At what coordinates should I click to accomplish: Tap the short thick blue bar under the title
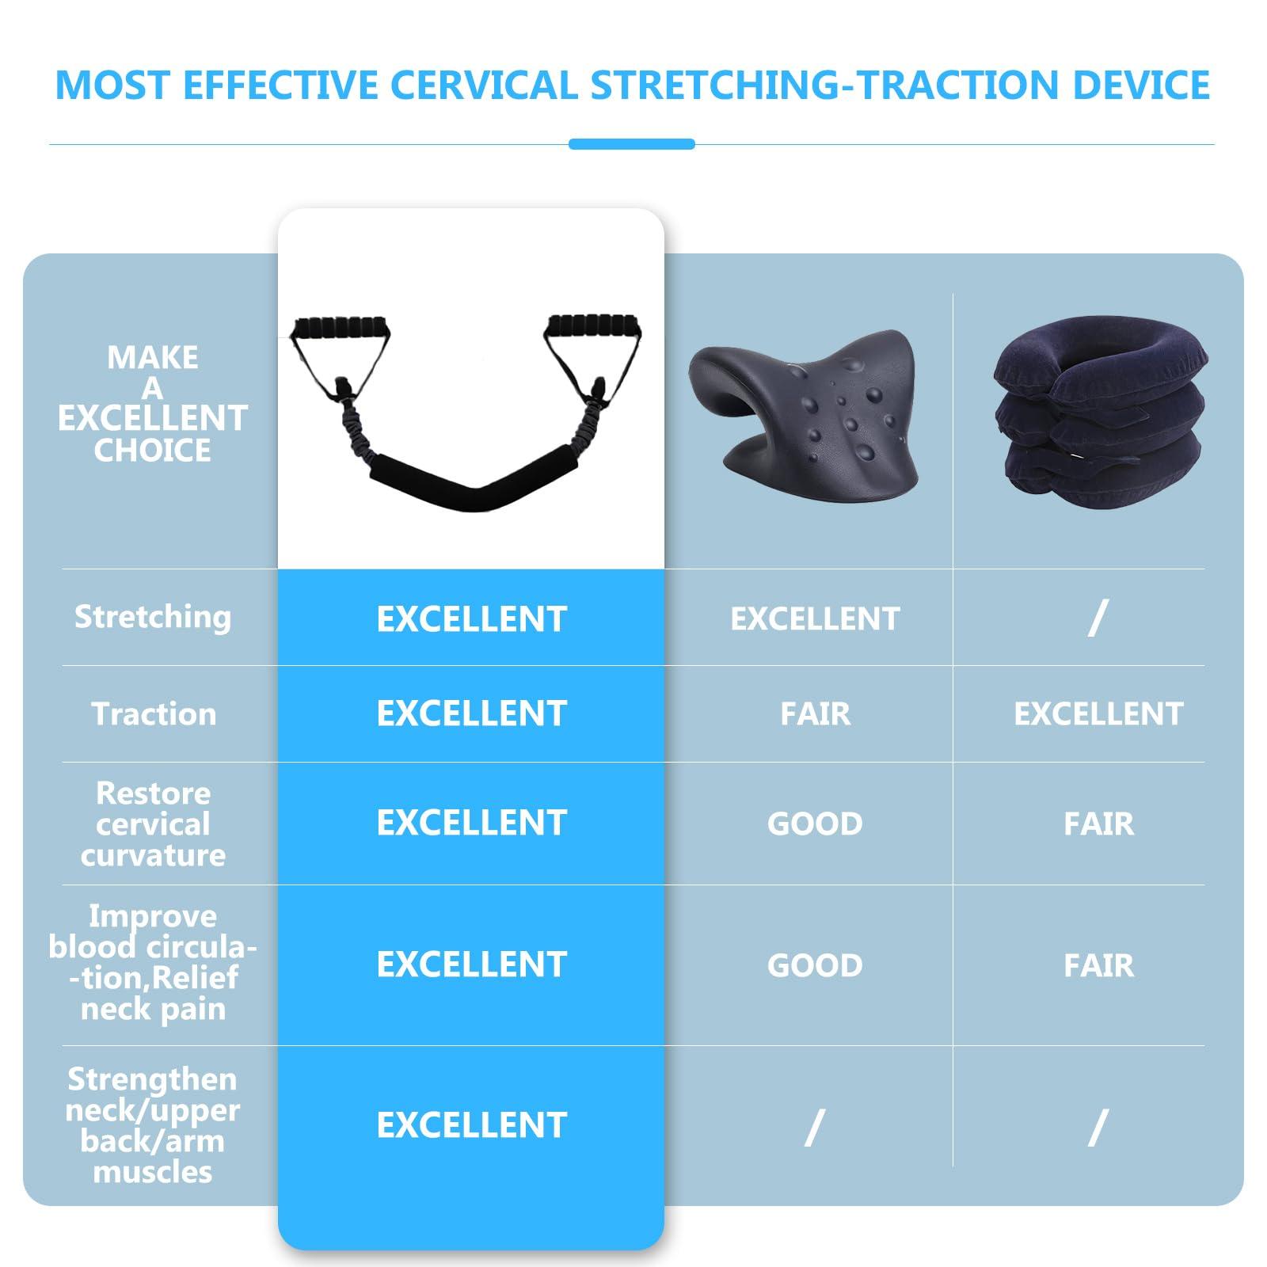coord(631,144)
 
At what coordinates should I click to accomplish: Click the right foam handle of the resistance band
coord(595,325)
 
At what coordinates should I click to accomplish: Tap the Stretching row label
coord(153,617)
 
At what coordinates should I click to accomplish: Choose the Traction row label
coord(154,714)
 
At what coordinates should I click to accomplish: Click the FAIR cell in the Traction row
coord(815,714)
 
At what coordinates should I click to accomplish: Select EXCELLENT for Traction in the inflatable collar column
coord(1098,714)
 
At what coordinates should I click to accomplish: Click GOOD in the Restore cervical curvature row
coord(815,824)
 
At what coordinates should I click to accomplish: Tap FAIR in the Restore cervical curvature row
coord(1098,824)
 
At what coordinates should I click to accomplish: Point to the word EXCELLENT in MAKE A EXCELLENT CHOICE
coord(153,419)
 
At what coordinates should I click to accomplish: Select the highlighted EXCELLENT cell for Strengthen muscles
coord(471,1125)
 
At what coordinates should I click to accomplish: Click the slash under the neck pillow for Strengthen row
coord(815,1127)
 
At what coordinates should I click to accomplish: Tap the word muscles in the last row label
coord(153,1173)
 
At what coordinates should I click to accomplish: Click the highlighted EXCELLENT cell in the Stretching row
coord(471,619)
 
